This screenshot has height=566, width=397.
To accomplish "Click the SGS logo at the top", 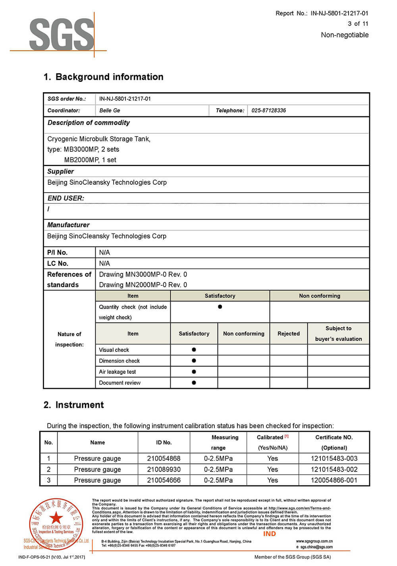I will pos(62,35).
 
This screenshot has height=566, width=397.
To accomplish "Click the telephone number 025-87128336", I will pos(268,110).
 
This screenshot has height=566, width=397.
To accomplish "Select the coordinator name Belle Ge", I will pos(110,110).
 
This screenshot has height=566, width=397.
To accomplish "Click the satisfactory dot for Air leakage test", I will pos(194,372).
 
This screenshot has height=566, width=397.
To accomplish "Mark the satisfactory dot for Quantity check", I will pos(220,307).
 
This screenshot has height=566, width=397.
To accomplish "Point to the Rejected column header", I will pos(289,334).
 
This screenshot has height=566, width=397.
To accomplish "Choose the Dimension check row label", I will pos(119,361).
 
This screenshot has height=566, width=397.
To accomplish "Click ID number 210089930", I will pos(164,469).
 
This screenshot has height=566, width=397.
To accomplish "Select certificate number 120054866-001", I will pos(334,480).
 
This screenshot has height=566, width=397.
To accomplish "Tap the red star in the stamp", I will pos(56,518).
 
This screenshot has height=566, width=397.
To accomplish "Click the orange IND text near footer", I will pos(269,534).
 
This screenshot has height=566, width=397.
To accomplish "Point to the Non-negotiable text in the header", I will pos(345,35).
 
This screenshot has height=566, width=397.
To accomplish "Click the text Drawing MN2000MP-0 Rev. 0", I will pos(143,285).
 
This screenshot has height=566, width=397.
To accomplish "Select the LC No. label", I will pos(58,263).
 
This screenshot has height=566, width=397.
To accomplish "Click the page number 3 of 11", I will pos(358,24).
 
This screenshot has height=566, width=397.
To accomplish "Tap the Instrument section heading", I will pos(73,405).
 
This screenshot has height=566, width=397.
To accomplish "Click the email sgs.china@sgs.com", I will pos(316,547).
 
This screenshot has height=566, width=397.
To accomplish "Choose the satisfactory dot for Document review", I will pos(194,383).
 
